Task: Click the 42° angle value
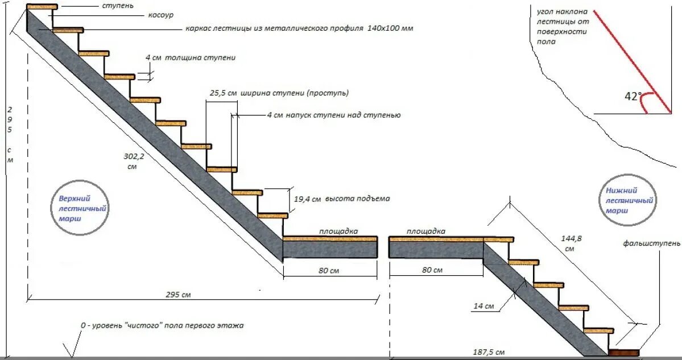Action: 633,97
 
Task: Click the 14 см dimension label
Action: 483,307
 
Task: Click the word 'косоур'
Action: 162,15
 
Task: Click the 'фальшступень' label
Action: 651,243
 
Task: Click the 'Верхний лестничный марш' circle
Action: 84,209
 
